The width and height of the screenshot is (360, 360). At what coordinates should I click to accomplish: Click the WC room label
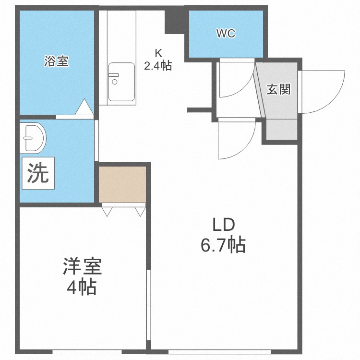[225, 34]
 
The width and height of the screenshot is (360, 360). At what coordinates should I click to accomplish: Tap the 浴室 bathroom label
[56, 61]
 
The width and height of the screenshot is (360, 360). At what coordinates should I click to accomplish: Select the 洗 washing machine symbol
[37, 174]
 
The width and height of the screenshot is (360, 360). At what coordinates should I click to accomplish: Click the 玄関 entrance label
[279, 89]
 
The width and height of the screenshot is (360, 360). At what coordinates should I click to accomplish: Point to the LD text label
[223, 225]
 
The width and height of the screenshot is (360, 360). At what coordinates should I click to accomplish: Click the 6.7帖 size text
[223, 245]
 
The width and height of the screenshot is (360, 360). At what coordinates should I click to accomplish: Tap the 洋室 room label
[82, 267]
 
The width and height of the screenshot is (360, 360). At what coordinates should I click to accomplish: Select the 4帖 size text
[82, 288]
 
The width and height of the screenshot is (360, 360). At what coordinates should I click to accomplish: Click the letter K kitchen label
[158, 53]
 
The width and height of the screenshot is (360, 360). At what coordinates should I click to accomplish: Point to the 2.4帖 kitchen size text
[158, 66]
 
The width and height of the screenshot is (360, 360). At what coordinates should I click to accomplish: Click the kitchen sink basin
[121, 82]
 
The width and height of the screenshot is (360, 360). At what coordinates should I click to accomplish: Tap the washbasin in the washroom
[34, 137]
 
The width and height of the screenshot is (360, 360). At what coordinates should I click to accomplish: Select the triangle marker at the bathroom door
[84, 107]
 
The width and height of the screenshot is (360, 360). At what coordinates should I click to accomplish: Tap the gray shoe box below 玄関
[281, 129]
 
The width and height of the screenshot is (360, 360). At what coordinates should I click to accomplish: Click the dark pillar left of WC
[175, 22]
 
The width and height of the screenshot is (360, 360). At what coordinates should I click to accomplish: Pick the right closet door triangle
[140, 210]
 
